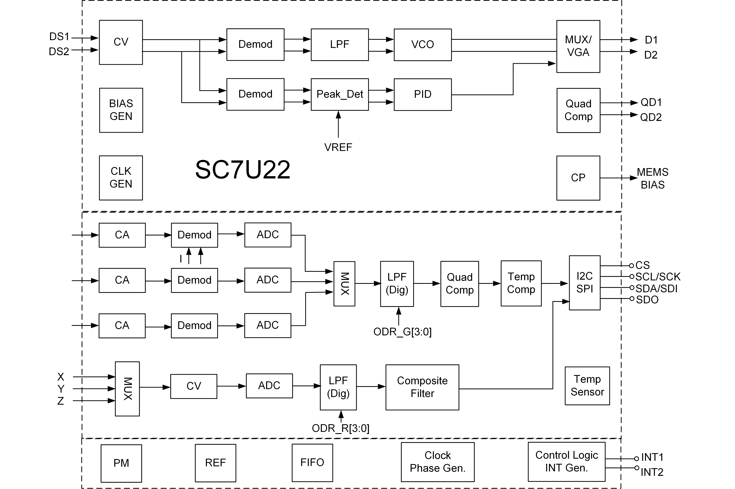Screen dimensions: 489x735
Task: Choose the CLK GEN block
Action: (121, 178)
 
